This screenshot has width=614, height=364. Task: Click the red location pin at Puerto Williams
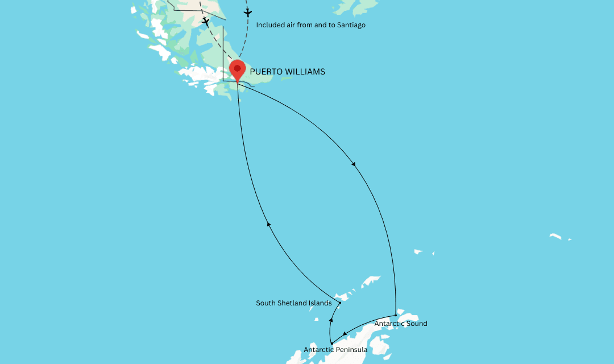pos(237,71)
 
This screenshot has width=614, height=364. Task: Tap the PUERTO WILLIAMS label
pos(287,72)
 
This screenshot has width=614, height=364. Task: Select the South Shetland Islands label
pos(293,303)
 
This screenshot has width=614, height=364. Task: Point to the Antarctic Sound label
pos(400,324)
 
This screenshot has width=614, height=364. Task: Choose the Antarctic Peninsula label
pos(335,350)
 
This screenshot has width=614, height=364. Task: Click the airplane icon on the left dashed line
pos(205,22)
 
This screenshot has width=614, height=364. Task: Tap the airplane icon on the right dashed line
pos(247,12)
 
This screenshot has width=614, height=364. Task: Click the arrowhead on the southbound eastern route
pos(354,164)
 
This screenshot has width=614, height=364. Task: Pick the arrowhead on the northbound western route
pos(269,225)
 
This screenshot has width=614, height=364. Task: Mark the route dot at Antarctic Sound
pos(395,315)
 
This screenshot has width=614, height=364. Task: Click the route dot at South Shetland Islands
pos(340,303)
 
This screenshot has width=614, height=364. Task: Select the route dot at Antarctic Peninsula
pos(331,343)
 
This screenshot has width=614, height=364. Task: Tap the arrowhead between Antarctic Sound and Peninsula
pos(345,334)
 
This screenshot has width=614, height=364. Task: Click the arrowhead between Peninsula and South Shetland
pos(330,321)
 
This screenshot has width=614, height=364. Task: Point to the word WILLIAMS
pos(304,72)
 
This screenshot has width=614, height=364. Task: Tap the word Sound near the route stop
pos(416,324)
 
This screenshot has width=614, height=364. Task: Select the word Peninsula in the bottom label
pos(351,350)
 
